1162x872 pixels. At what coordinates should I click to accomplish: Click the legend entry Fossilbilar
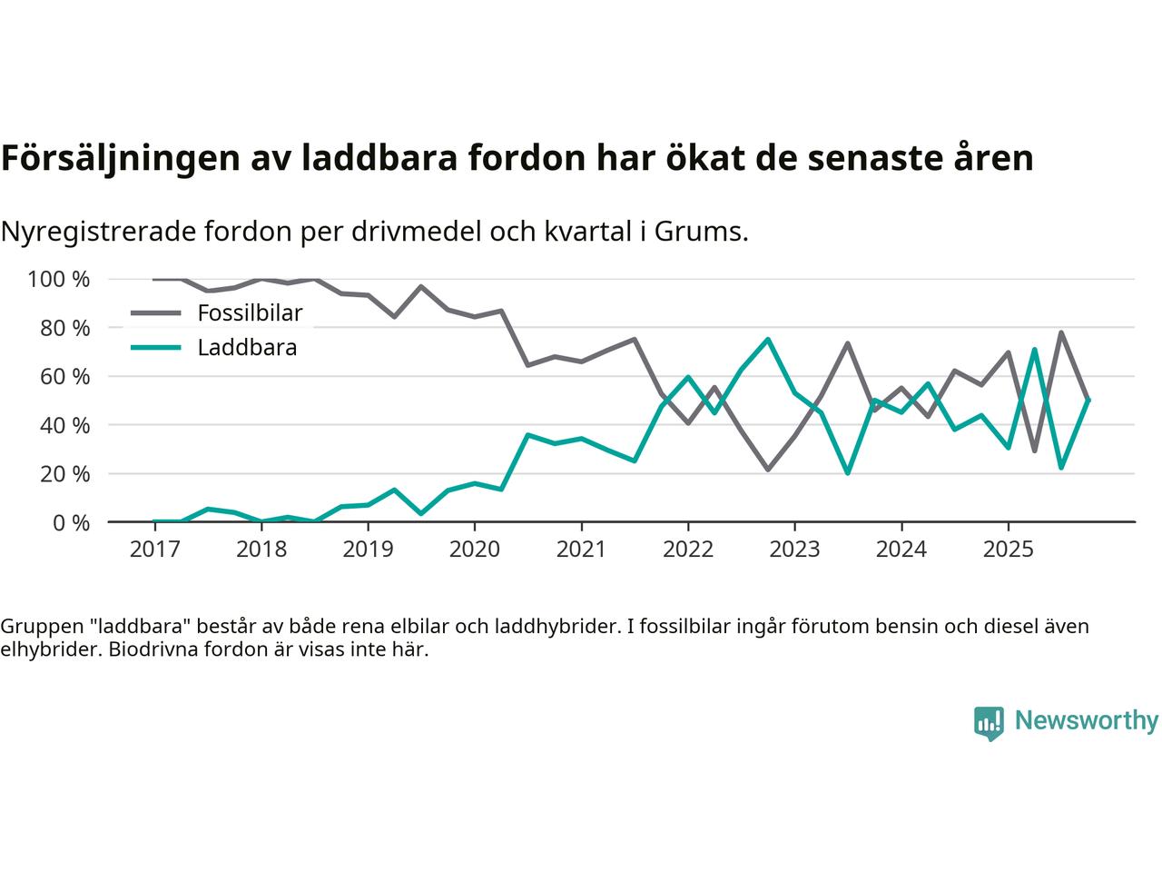[249, 313]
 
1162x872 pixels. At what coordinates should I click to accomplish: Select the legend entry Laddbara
[247, 347]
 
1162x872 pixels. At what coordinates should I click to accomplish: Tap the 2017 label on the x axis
[154, 550]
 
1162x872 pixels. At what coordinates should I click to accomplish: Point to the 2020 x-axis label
[474, 550]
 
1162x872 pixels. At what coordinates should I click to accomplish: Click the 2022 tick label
[687, 550]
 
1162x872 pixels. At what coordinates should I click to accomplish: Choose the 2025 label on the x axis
[1008, 550]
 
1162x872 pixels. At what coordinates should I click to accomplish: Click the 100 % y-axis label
[59, 279]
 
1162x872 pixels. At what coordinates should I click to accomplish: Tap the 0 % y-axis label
[71, 522]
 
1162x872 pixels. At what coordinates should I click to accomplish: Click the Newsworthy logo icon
[989, 723]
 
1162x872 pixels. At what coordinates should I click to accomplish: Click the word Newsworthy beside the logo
[1086, 720]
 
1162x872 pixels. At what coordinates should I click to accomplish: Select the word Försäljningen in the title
[121, 158]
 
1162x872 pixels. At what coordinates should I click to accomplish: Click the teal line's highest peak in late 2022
[768, 340]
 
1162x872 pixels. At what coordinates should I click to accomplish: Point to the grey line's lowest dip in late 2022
[768, 470]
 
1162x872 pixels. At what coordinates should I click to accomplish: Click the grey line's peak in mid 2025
[1061, 332]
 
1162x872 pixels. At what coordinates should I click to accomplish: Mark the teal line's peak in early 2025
[1034, 350]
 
